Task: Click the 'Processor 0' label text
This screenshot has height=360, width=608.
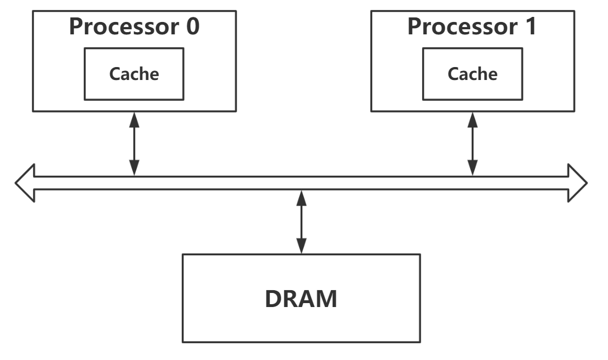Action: (134, 26)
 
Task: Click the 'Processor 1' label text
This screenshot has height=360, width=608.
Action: (472, 26)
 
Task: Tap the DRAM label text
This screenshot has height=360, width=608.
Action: (301, 299)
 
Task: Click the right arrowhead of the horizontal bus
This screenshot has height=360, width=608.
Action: (578, 183)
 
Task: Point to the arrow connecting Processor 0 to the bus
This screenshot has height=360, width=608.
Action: (134, 143)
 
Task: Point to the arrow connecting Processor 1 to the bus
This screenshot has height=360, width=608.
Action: (472, 143)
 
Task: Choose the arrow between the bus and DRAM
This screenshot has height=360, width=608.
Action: (301, 222)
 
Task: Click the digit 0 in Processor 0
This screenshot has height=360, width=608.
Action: (193, 26)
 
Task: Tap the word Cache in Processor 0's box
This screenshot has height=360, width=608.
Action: (134, 74)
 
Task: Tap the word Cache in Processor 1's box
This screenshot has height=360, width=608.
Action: (472, 74)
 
